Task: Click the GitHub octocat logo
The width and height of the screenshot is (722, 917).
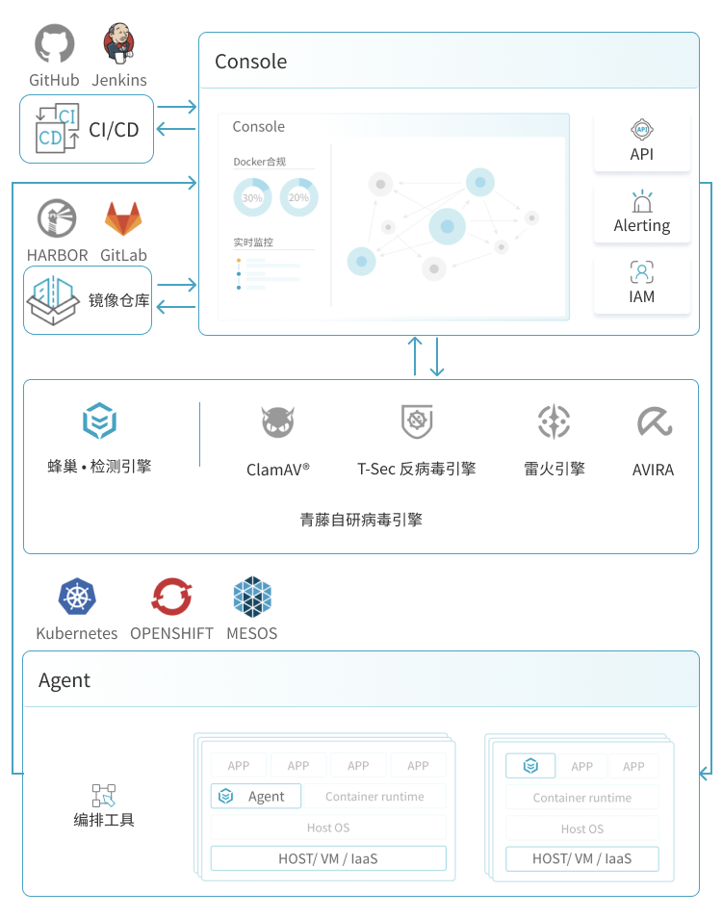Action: [x=54, y=45]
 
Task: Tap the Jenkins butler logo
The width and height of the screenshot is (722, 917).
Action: [x=119, y=43]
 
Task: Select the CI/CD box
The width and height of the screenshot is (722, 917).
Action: [x=87, y=129]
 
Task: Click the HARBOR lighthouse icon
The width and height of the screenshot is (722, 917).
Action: [x=57, y=219]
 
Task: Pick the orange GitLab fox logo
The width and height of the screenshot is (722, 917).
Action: [x=123, y=219]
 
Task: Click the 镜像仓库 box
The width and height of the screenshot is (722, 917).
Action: [x=88, y=300]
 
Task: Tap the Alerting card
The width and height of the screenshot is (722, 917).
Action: [x=642, y=213]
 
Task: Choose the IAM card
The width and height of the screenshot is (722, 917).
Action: [x=642, y=284]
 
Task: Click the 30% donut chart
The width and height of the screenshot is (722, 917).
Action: [x=252, y=197]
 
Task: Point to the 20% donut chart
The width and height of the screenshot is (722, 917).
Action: [x=298, y=197]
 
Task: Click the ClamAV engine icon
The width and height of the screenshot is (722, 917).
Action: [x=277, y=422]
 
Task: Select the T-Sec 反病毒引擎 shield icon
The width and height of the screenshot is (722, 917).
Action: [x=417, y=421]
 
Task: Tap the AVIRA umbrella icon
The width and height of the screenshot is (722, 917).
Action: [x=654, y=421]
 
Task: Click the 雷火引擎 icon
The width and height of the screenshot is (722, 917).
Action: [x=554, y=421]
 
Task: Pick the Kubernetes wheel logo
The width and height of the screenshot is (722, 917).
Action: [x=77, y=597]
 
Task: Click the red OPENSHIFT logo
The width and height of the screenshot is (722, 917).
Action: [x=171, y=597]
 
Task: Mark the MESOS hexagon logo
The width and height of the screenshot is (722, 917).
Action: [x=252, y=597]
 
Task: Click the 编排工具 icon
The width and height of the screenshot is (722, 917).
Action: [x=104, y=795]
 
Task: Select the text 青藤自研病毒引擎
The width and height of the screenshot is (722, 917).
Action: [x=361, y=520]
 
